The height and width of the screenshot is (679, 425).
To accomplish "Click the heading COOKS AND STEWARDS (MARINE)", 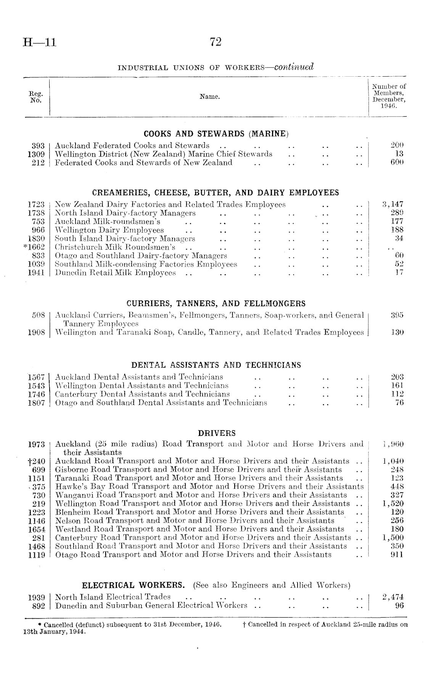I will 216,134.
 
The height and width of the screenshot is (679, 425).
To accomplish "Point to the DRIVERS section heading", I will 217,433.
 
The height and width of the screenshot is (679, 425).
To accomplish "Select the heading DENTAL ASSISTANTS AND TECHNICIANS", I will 216,365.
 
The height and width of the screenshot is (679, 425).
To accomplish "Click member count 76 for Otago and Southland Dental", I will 399,403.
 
